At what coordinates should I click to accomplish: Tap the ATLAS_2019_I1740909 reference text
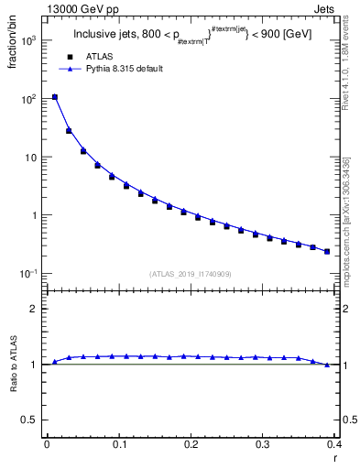tap(190, 273)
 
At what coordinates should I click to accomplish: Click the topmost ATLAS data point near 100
tap(55, 97)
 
